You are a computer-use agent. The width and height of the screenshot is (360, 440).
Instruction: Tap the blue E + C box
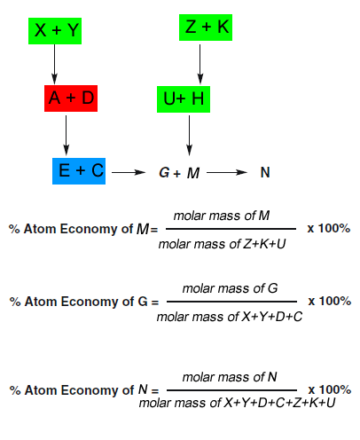(78, 169)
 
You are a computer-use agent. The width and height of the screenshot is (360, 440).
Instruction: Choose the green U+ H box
(184, 99)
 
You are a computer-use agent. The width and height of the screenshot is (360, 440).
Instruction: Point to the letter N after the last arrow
(265, 172)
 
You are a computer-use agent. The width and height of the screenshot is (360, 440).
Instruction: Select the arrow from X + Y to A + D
(55, 64)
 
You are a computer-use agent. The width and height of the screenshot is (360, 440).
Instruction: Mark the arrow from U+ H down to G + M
(187, 136)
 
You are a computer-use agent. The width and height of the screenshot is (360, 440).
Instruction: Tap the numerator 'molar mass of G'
(230, 288)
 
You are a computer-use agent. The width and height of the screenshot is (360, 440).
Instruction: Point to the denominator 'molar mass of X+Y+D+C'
(230, 316)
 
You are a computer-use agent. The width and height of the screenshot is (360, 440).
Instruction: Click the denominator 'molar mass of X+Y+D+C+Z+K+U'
(237, 404)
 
